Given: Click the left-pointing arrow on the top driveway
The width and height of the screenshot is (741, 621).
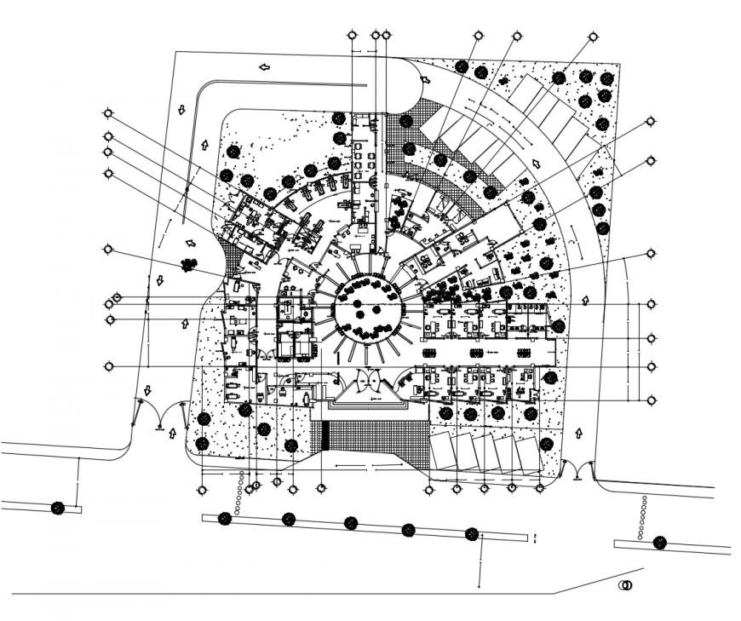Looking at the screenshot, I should [266, 66].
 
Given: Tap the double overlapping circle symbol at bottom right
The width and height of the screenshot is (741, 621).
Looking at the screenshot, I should [626, 586].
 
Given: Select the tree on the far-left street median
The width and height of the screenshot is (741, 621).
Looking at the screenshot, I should [57, 509].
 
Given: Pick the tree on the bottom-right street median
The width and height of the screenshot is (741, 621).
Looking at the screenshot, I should [659, 542].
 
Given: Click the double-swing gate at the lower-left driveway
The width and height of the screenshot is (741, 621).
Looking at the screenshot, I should [159, 415].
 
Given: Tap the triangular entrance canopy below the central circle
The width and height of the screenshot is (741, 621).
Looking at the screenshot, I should [368, 394].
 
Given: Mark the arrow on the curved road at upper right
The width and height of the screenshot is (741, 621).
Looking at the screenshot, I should [537, 164].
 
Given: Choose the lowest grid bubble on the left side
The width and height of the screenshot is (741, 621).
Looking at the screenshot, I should [108, 366].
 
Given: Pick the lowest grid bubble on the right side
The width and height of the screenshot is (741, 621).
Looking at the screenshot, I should [652, 400].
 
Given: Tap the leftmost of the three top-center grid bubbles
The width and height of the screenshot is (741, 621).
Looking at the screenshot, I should [353, 36].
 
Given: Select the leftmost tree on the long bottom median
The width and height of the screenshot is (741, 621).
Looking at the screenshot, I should [226, 518].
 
